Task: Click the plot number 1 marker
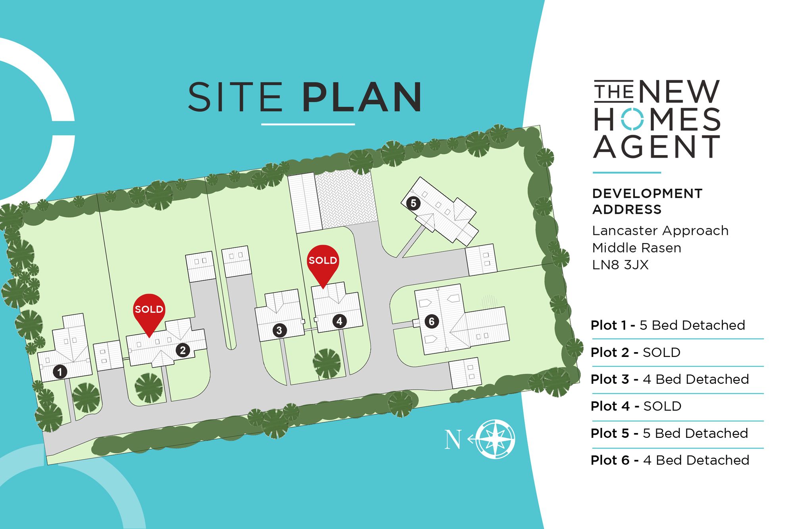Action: point(60,372)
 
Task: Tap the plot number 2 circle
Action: point(183,350)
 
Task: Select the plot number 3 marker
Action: point(279,330)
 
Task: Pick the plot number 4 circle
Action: point(339,321)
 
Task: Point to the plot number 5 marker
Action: point(413,203)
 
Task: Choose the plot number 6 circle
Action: point(432,321)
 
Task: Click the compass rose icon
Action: point(495,439)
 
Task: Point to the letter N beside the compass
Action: point(453,440)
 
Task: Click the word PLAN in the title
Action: point(362,97)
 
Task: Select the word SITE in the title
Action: point(235,97)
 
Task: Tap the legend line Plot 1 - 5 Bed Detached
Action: point(668,325)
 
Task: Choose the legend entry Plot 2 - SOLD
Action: point(636,352)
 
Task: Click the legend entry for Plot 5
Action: point(669,433)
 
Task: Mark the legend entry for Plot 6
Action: point(670,460)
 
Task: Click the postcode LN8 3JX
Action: point(620,264)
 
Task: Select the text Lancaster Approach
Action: point(660,230)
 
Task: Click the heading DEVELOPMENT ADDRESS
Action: point(647,201)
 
